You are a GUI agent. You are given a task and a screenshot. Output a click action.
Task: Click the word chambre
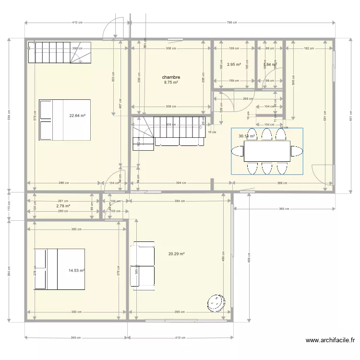(x=171, y=77)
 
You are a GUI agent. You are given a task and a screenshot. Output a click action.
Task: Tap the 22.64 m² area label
(x=77, y=115)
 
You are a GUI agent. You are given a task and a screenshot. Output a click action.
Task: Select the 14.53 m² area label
(x=76, y=270)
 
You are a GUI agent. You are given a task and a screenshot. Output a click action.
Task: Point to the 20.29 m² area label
(x=177, y=254)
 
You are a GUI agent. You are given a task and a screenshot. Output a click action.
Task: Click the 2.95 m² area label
(x=234, y=64)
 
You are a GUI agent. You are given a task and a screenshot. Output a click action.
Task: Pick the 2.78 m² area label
(x=63, y=206)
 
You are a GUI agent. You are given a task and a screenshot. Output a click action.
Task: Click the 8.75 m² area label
(x=171, y=83)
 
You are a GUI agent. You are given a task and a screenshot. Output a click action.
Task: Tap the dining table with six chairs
(x=267, y=151)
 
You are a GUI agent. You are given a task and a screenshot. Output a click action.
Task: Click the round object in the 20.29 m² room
(x=216, y=302)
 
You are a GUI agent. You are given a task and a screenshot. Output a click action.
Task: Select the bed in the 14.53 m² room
(x=59, y=269)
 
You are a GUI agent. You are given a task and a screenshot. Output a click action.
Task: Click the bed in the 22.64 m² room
(x=65, y=120)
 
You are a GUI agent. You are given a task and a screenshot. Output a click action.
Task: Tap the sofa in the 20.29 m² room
(x=143, y=264)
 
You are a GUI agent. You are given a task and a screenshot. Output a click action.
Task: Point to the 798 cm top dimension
(x=232, y=23)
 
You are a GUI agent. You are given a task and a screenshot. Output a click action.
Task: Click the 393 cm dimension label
(x=284, y=209)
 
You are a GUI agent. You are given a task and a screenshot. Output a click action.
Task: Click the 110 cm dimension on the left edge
(x=9, y=205)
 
